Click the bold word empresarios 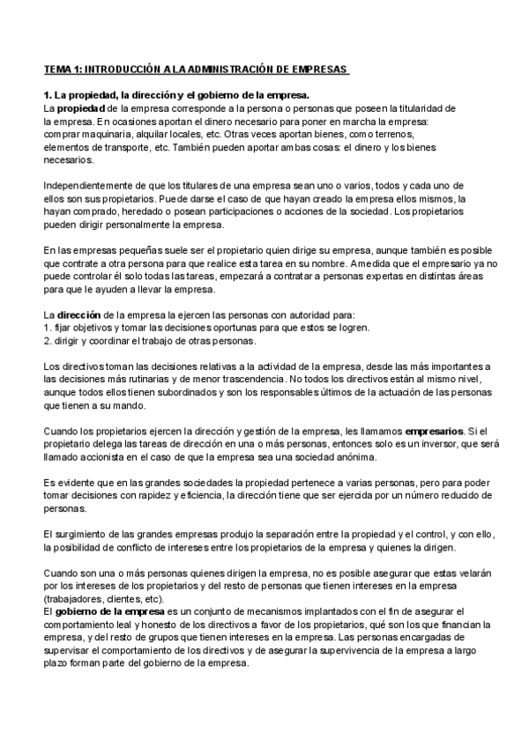click(x=433, y=431)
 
